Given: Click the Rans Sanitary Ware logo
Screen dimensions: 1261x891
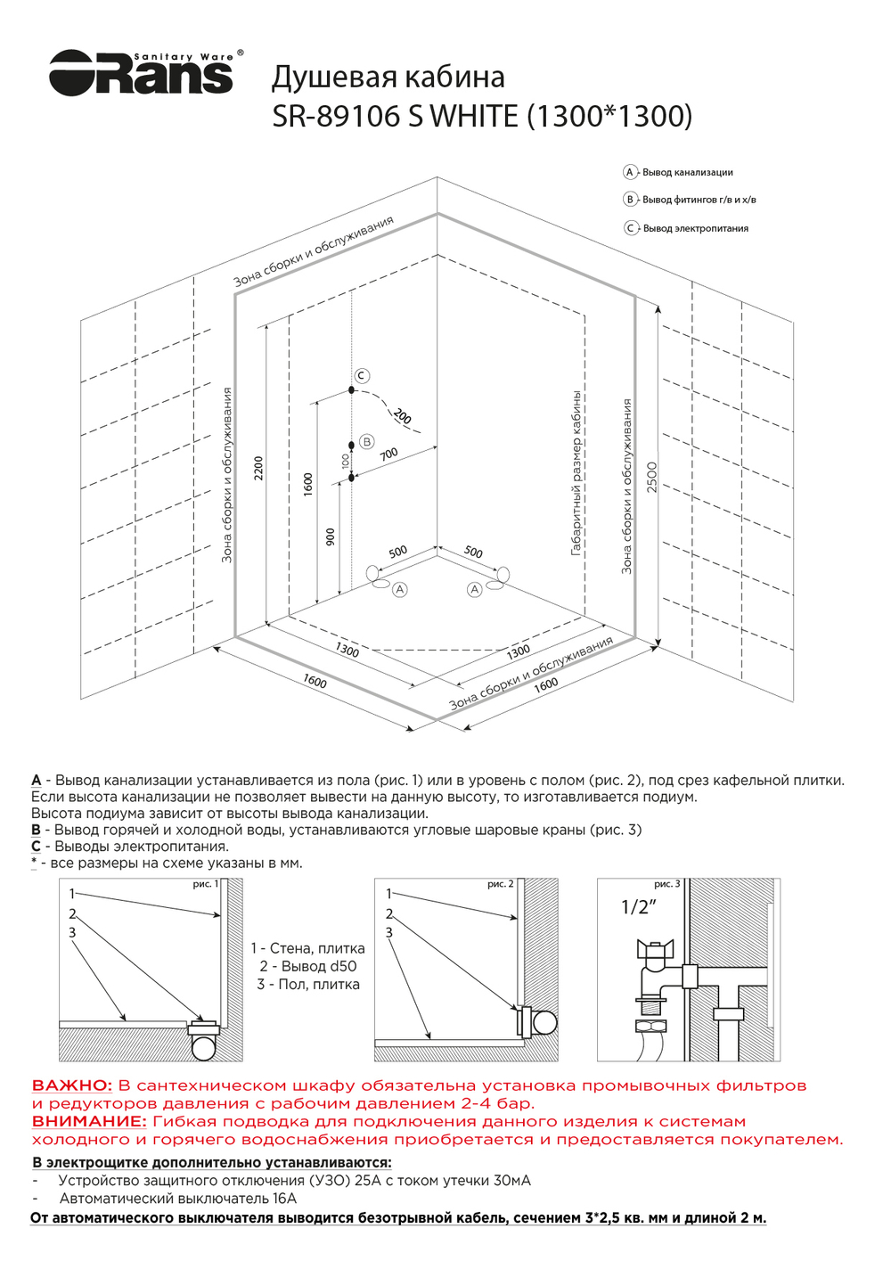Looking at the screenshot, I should click(143, 72).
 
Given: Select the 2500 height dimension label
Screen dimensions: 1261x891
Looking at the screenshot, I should click(651, 477).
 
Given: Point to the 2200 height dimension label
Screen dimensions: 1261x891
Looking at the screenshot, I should click(259, 468).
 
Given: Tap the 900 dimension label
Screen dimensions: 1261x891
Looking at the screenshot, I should click(331, 536).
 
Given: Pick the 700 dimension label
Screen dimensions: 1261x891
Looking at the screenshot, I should click(389, 454).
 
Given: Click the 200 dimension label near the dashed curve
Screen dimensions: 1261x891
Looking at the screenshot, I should click(403, 416).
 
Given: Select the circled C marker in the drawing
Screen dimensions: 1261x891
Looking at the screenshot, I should click(361, 376).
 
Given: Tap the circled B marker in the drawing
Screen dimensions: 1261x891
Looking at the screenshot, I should click(366, 442).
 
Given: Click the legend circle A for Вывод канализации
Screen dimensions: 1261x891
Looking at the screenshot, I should click(630, 172).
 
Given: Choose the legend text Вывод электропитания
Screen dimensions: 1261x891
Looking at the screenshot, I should click(696, 228).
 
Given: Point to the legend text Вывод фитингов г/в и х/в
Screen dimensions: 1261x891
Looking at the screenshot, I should click(699, 200).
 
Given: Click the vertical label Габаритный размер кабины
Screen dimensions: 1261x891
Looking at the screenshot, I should click(576, 472).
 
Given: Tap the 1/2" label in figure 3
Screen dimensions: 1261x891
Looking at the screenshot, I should click(639, 907).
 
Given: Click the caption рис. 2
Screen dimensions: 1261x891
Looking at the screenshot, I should click(500, 884).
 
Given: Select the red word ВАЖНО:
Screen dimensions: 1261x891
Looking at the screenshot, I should click(72, 1085).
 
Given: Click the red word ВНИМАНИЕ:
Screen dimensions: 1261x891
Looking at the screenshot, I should click(89, 1121).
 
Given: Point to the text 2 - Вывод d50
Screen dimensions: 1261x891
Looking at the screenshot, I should click(308, 966).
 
